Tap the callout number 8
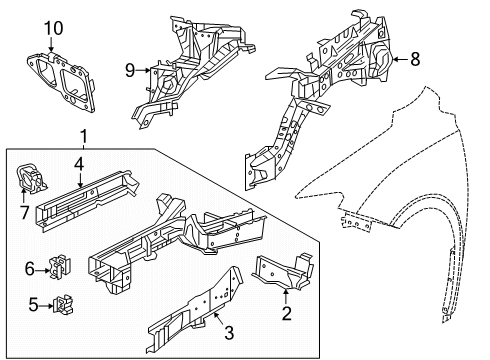415,60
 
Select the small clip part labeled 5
67,301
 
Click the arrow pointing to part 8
399,60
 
